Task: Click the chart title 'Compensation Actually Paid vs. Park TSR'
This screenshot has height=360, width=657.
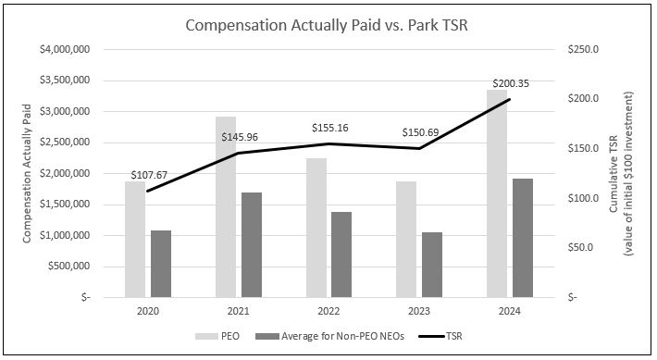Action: coord(328,25)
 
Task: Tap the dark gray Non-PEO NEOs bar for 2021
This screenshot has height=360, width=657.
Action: coord(251,245)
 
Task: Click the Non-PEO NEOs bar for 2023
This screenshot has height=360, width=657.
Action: coord(431,265)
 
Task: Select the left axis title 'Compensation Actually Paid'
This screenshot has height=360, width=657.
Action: coord(28,173)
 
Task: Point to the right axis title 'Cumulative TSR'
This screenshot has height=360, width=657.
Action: coord(614,173)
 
